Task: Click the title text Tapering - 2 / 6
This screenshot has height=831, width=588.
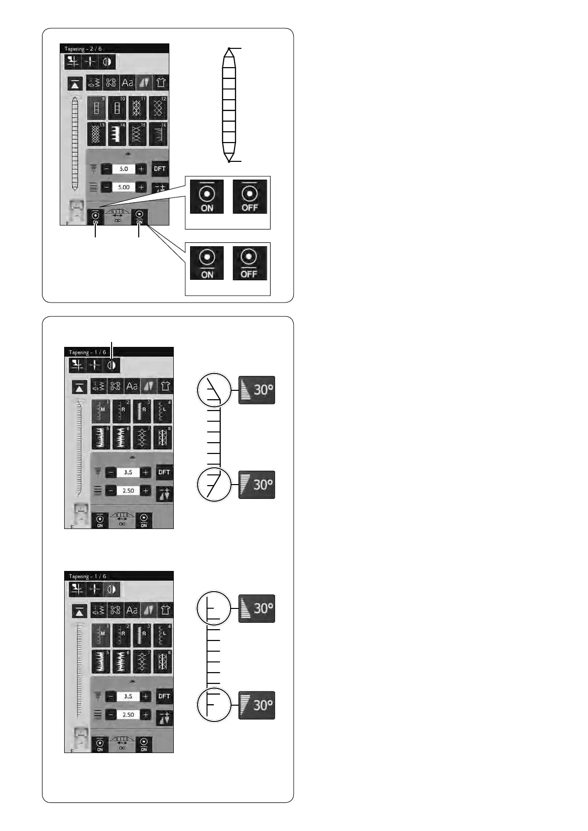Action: pos(83,49)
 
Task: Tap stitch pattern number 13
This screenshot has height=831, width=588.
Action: pos(96,134)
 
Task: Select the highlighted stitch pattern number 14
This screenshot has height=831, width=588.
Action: pos(117,134)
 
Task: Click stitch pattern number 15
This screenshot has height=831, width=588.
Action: pos(137,134)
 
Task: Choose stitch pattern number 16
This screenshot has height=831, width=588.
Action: pos(158,134)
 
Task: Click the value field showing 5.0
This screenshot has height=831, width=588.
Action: pos(123,169)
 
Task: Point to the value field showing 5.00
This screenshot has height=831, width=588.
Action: pos(123,188)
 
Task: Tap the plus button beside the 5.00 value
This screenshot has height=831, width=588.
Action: pos(141,188)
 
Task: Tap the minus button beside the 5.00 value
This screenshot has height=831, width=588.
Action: pos(106,188)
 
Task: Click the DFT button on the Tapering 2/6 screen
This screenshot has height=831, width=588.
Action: pos(159,169)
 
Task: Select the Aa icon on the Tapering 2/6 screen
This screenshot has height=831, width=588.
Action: pos(127,82)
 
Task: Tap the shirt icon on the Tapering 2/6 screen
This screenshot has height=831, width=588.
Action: pos(160,82)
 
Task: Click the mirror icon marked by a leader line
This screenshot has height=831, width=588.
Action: pos(113,365)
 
